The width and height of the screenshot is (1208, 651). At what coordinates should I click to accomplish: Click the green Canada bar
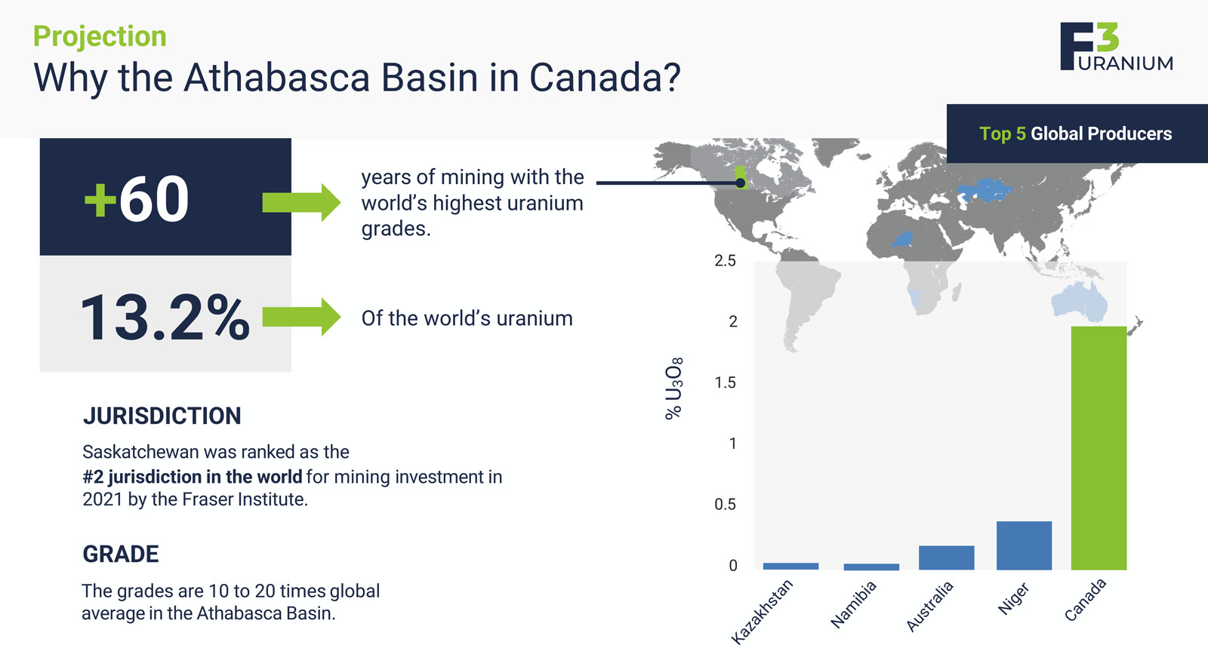point(1099,448)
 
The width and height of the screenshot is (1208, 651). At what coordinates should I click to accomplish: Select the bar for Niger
point(1024,545)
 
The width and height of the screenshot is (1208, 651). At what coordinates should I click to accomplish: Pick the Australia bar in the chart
point(947,557)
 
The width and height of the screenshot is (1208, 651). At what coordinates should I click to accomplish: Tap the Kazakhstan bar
point(790,566)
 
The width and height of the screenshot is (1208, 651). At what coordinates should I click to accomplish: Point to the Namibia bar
point(871,567)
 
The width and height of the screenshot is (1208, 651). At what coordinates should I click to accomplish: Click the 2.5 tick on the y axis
point(725,261)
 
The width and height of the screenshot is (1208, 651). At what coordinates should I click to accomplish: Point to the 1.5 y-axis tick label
point(725,382)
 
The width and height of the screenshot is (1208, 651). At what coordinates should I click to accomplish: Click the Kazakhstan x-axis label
point(762,612)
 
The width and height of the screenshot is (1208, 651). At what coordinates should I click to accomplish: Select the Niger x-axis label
point(1013,598)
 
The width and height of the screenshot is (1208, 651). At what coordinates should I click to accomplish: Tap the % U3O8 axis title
point(673,388)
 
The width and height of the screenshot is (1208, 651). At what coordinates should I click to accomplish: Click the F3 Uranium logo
point(1117,46)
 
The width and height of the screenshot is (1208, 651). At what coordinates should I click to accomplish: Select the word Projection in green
point(100,36)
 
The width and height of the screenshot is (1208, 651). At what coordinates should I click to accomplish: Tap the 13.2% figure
point(165,318)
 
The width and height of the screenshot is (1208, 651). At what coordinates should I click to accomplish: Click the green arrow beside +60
point(301,202)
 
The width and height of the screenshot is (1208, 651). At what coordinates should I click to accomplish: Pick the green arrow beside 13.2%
point(301,317)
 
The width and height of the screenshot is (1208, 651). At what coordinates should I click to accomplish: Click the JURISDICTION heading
point(162,416)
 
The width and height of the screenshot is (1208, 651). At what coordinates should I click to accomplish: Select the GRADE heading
point(121,554)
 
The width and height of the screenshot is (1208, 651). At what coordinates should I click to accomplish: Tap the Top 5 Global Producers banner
point(1077,134)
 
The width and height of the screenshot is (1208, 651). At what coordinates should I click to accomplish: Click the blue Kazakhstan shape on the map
point(985,190)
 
